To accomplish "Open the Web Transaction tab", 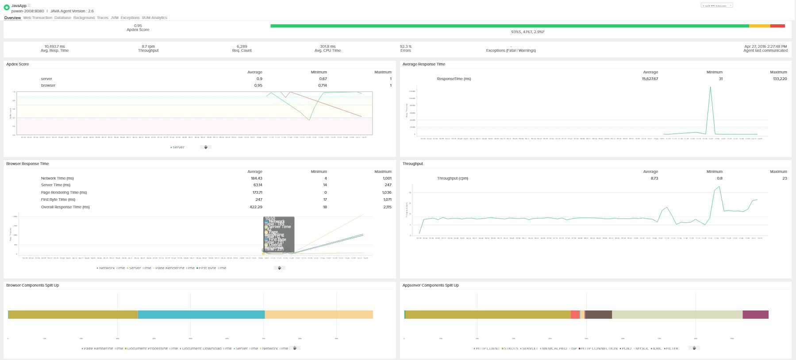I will (x=38, y=18).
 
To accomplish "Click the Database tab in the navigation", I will (x=63, y=18).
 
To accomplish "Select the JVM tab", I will (x=115, y=18).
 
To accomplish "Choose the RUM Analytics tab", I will (x=154, y=18).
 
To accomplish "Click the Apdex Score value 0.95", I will (x=138, y=26).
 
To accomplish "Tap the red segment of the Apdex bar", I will (x=777, y=26).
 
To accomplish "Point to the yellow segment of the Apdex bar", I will (x=759, y=26).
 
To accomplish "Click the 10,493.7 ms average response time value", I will (x=55, y=46).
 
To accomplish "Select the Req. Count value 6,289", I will (x=242, y=46).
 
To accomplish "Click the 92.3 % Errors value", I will (x=406, y=46).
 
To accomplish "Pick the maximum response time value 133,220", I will (x=778, y=79).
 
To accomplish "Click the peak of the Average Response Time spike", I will (x=710, y=87).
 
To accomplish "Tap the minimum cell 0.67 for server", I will (x=323, y=79).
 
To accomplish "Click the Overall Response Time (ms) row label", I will (x=65, y=207).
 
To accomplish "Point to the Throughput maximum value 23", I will (x=784, y=178).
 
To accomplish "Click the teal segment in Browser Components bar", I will (x=201, y=314).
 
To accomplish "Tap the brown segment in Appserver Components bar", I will (x=598, y=314).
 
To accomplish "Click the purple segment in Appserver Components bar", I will (x=755, y=314).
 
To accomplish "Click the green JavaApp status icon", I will (x=7, y=8).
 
